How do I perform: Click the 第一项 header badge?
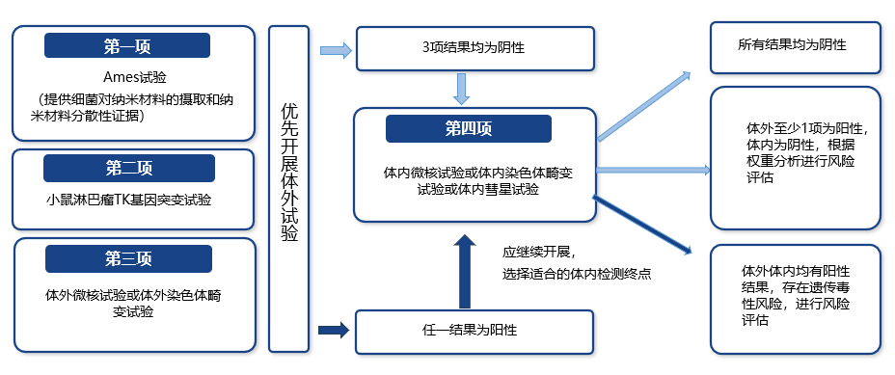(x=127, y=45)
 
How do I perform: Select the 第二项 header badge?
(x=127, y=169)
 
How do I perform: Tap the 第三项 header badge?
(x=128, y=259)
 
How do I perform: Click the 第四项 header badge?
(x=468, y=128)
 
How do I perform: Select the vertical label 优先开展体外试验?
(x=288, y=188)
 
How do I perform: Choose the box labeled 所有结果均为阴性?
(x=794, y=45)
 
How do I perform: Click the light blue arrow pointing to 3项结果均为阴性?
(x=335, y=49)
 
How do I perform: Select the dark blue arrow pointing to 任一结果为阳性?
(x=333, y=331)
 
